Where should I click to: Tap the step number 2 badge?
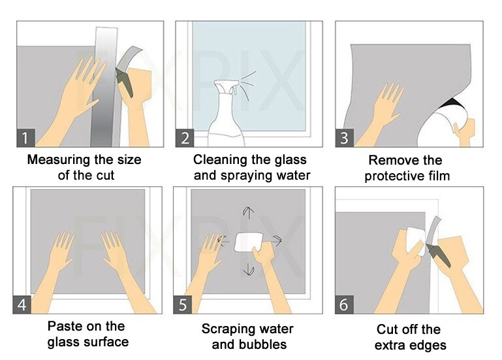[185, 138]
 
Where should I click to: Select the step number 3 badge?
[345, 138]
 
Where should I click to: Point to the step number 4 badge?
[23, 305]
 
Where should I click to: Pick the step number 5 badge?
[183, 305]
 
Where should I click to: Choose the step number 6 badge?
[344, 305]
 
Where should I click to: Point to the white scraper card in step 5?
[248, 241]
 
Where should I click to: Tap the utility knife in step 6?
[435, 248]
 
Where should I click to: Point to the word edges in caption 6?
[426, 344]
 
